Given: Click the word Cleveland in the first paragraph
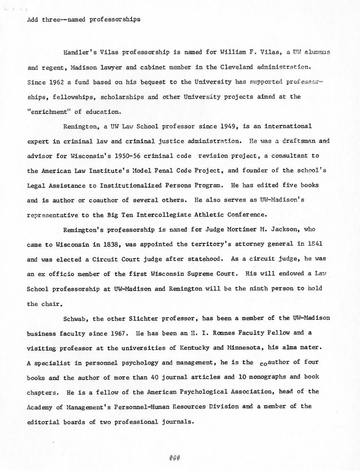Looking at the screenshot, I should pyautogui.click(x=237, y=67).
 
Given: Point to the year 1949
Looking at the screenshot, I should pyautogui.click(x=228, y=126).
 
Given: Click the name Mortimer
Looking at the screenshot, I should pyautogui.click(x=241, y=230).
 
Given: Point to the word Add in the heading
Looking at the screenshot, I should pyautogui.click(x=32, y=19).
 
